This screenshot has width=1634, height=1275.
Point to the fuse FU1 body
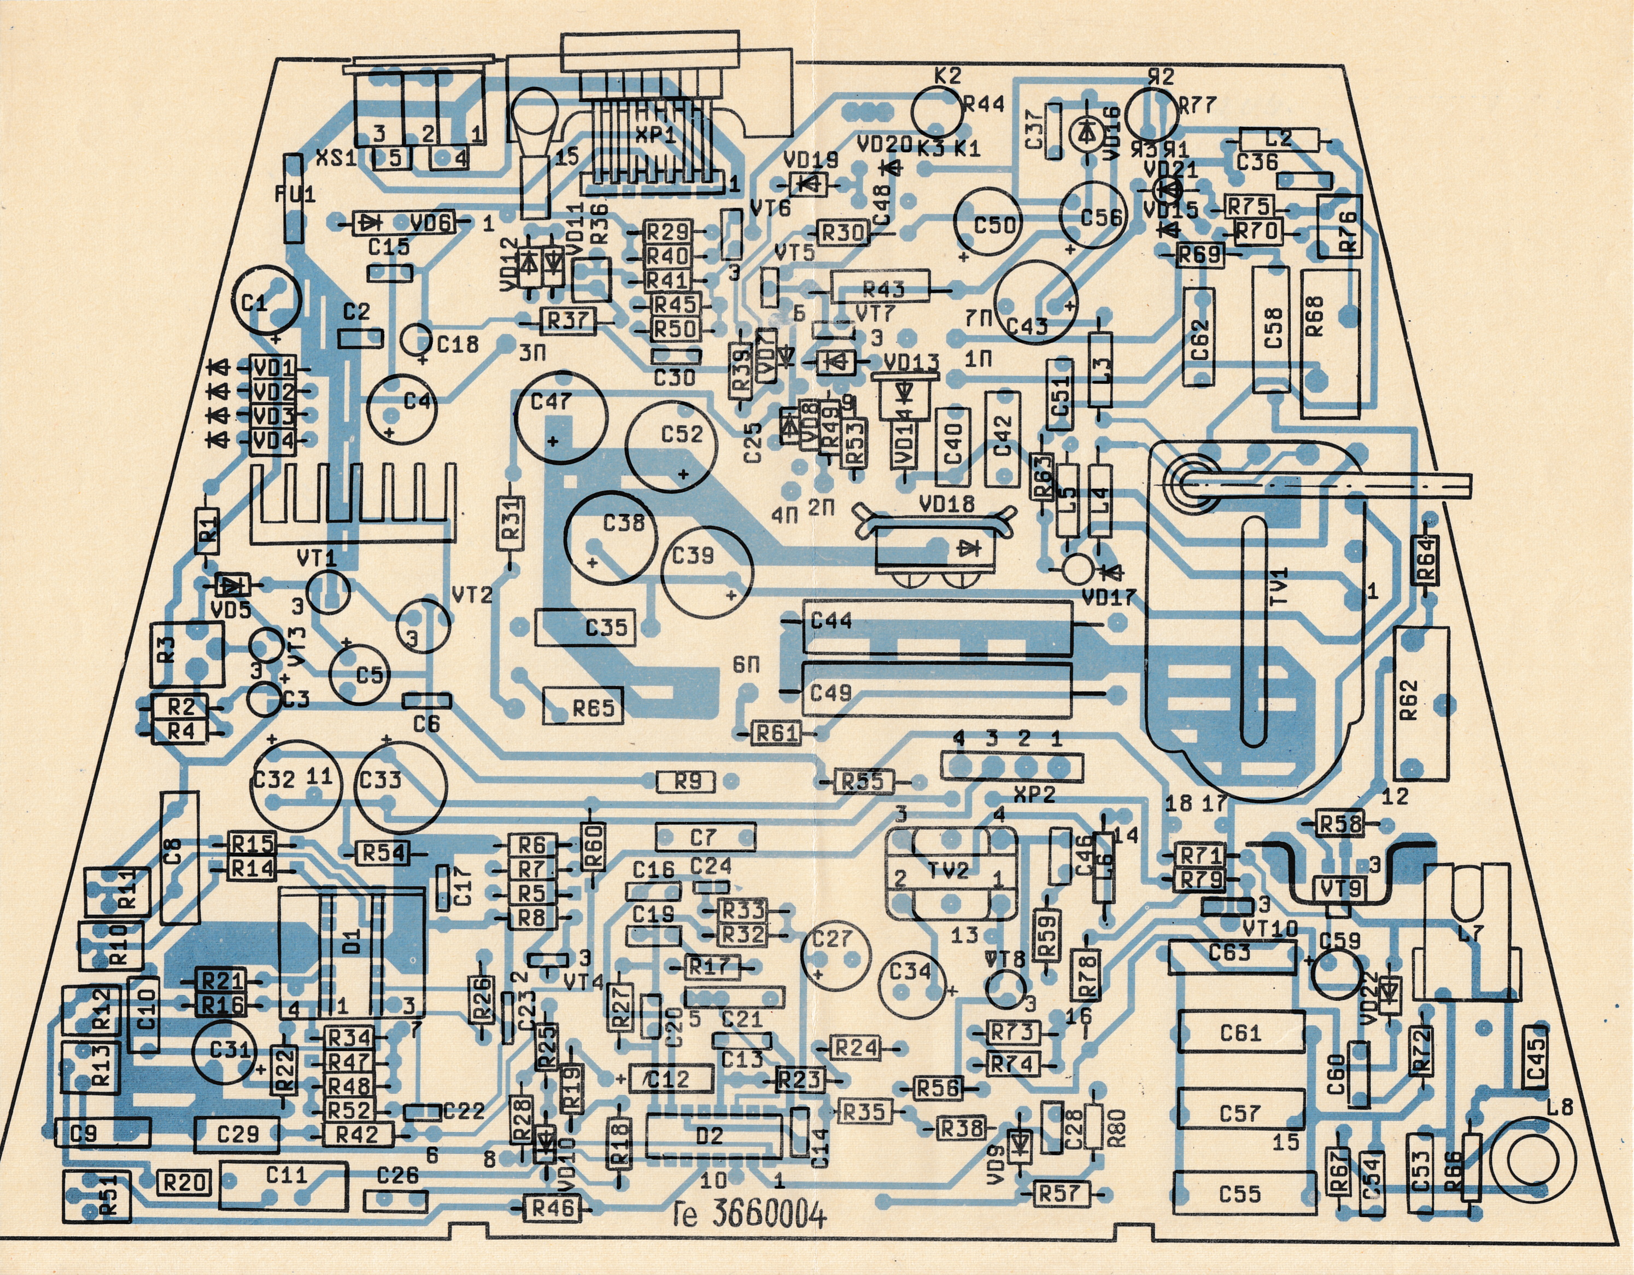coord(292,197)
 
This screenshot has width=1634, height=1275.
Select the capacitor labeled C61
coord(1240,1033)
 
